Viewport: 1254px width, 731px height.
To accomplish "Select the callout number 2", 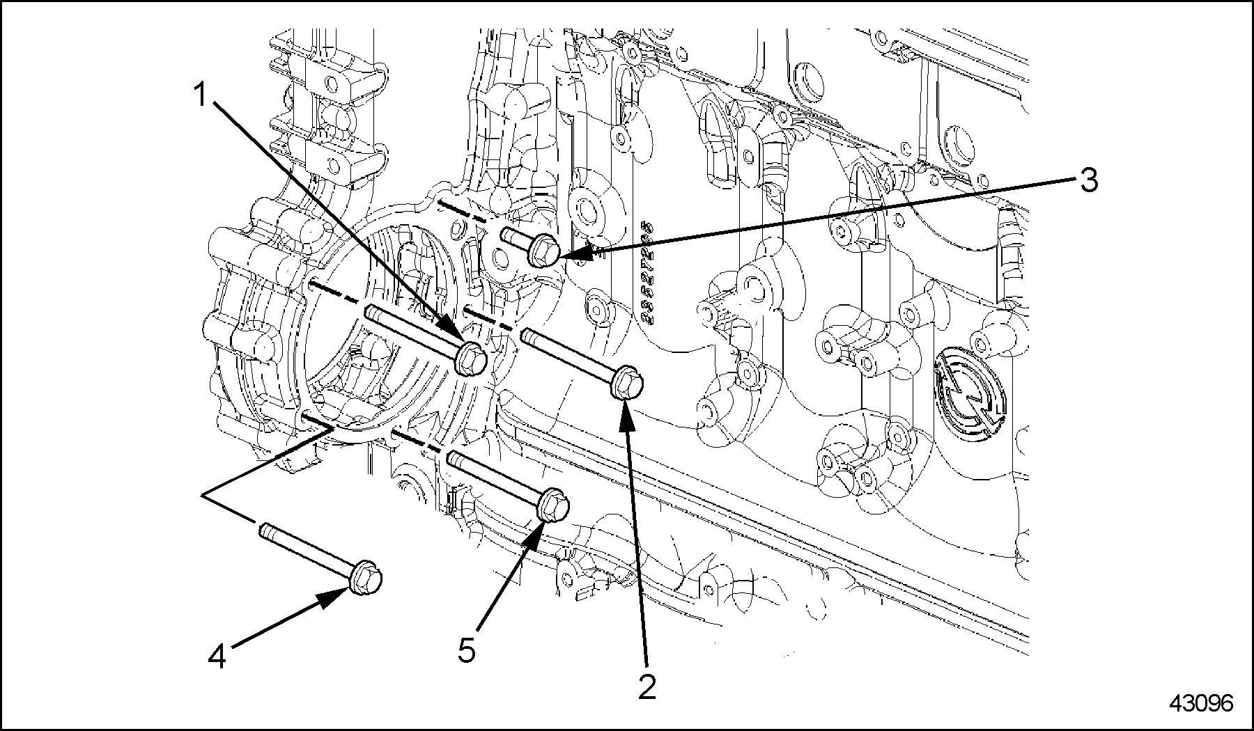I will point(647,686).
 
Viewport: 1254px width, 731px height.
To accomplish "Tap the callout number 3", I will point(1088,180).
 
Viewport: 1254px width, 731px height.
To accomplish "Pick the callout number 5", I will point(466,650).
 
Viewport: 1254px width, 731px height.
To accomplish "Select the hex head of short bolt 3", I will point(542,251).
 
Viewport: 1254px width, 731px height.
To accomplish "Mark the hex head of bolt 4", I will point(365,579).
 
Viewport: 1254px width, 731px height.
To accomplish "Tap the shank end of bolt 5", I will point(454,457).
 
